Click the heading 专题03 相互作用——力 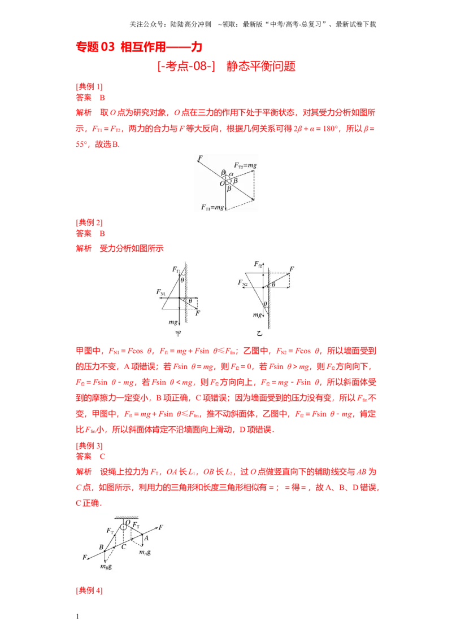pos(139,47)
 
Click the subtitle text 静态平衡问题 pos(260,66)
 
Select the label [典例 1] pos(89,86)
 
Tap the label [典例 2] pos(89,222)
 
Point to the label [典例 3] pos(89,445)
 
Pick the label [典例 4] pos(89,590)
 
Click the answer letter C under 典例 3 pos(102,457)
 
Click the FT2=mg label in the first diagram pos(245,165)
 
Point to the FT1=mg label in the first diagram pos(212,207)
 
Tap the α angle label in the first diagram pos(231,174)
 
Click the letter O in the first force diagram pos(222,183)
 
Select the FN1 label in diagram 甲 pos(161,292)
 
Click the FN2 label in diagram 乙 pos(243,282)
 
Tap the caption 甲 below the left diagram pos(178,334)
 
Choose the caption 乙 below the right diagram pos(259,334)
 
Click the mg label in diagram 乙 pos(257,314)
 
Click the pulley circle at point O pos(124,527)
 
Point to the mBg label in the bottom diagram pos(106,566)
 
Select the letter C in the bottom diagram pos(124,547)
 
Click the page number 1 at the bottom pos(77,616)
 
